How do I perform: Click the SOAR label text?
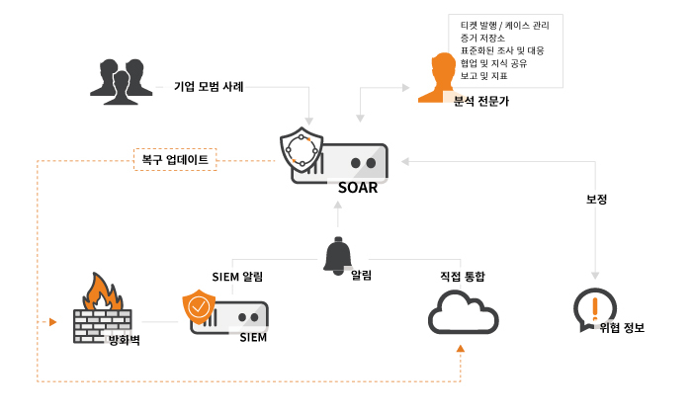(x=357, y=188)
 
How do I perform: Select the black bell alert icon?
(x=338, y=256)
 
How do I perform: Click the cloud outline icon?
(x=462, y=315)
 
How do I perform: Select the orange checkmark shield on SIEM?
(x=199, y=308)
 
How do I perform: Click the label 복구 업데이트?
(x=175, y=158)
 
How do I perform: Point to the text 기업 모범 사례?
(x=209, y=86)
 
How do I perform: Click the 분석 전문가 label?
(x=481, y=101)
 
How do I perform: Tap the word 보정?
(x=596, y=199)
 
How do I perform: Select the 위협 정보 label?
(x=622, y=327)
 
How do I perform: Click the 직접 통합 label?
(x=463, y=276)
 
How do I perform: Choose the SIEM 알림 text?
(x=237, y=276)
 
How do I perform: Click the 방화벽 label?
(x=125, y=342)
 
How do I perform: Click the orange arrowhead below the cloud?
(x=461, y=348)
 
